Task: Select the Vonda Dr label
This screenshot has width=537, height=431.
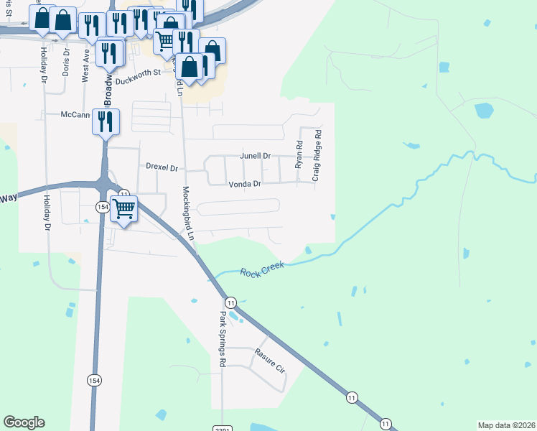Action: click(244, 184)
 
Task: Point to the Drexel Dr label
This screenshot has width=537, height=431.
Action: click(162, 167)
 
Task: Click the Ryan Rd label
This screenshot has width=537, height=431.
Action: click(299, 154)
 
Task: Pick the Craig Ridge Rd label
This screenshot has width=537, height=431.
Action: click(316, 154)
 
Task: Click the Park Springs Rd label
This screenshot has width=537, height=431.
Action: click(223, 340)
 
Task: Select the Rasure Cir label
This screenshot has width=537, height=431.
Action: click(270, 359)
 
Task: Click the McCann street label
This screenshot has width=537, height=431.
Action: click(75, 114)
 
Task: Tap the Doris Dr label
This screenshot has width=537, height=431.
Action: click(66, 62)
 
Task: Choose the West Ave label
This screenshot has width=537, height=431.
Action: click(85, 65)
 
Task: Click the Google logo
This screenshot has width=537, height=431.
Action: click(24, 422)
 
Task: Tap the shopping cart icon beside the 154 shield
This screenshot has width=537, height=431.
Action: click(124, 209)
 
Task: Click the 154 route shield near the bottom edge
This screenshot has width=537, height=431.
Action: click(94, 380)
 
